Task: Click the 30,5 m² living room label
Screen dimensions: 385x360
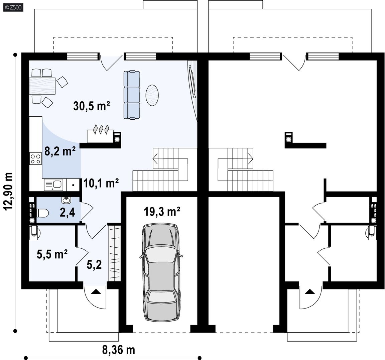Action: point(91,106)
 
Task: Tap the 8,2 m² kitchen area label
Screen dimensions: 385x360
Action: point(60,151)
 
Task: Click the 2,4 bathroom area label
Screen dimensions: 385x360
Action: point(67,213)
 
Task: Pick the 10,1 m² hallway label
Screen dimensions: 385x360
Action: point(101,183)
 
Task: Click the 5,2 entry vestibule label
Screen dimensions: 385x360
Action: point(94,265)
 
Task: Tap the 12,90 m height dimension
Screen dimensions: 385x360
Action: point(9,191)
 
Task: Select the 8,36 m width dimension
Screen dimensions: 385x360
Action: point(119,350)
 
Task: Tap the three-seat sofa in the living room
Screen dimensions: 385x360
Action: point(132,95)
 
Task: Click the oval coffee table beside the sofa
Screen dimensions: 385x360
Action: point(152,95)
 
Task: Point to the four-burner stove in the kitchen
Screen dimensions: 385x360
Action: point(36,158)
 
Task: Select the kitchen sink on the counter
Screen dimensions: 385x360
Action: point(53,185)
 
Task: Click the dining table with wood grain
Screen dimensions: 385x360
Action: point(42,86)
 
